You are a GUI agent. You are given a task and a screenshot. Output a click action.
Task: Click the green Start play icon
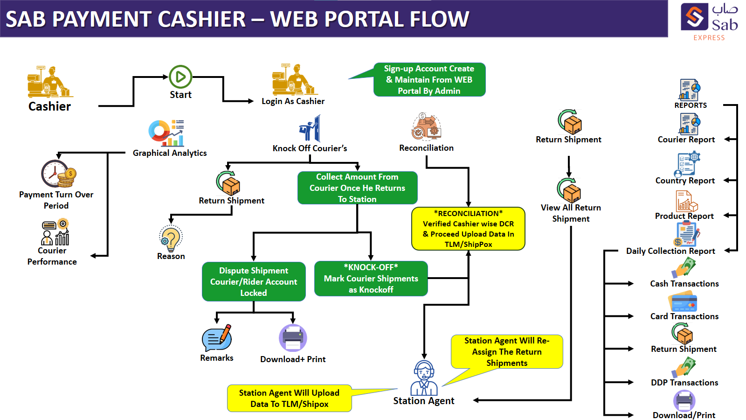180,77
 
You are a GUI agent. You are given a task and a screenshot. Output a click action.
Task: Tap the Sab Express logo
709,21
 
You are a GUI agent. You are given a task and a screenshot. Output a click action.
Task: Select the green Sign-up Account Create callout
429,80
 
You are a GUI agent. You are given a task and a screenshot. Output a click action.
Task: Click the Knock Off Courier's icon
311,129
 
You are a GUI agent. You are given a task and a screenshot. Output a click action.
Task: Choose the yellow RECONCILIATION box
468,229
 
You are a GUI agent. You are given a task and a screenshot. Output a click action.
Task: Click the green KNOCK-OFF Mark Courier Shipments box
371,279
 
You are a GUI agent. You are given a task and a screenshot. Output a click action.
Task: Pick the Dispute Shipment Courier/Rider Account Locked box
254,281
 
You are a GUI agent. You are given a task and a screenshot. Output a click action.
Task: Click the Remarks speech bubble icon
217,338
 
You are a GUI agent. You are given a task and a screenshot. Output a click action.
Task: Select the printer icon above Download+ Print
293,338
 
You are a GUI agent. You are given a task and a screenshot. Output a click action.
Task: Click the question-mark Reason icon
171,238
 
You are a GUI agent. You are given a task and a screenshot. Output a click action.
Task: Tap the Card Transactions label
684,316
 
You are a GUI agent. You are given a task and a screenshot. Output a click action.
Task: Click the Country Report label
685,181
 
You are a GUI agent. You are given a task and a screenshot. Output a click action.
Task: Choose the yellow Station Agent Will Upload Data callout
289,399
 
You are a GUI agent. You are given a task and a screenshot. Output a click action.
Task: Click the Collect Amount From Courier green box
357,188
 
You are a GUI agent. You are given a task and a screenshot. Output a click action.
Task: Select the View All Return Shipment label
571,213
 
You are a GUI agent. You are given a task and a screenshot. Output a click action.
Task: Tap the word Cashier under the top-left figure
49,106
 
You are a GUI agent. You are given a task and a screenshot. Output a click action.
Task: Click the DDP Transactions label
684,383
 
